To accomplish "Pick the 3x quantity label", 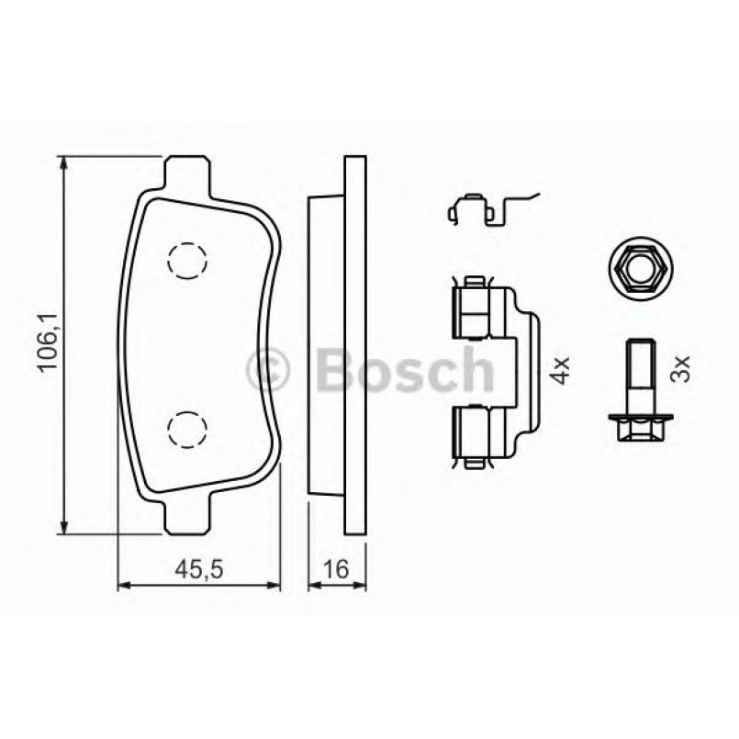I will [680, 371].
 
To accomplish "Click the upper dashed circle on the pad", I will [186, 260].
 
